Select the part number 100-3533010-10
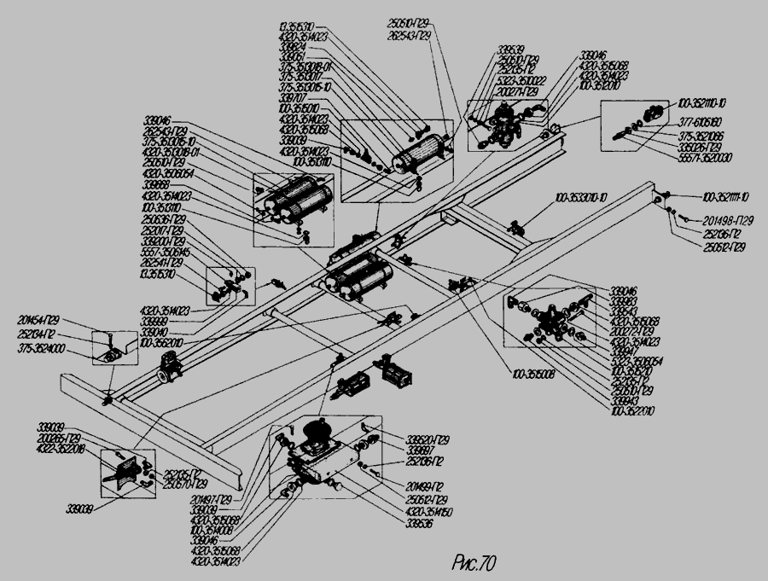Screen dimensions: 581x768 [x=583, y=198]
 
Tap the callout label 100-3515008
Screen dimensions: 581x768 [x=535, y=372]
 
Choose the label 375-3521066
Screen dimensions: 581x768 [x=701, y=135]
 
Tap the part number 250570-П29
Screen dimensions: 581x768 [x=186, y=485]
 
